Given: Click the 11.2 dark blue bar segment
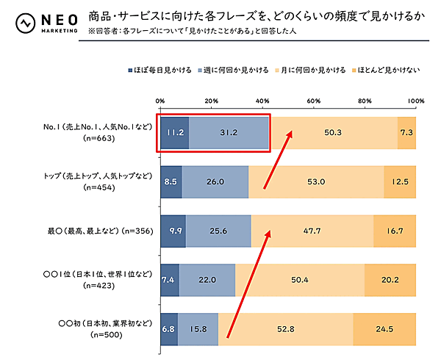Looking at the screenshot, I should [x=174, y=133].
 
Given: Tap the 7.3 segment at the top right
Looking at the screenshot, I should [x=406, y=133].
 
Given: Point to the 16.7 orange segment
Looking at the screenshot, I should [x=395, y=231].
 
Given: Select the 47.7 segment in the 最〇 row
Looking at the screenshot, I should [x=312, y=231].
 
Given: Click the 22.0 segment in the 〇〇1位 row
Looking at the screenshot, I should [x=207, y=280].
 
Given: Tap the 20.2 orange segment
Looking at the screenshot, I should [x=390, y=280].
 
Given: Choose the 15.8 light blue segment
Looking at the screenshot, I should [x=198, y=328].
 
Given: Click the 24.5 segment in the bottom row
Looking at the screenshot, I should [x=384, y=328].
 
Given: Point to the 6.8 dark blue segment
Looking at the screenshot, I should [x=168, y=328].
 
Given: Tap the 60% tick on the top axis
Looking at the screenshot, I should [x=314, y=101].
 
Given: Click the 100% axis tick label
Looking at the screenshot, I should [x=415, y=101].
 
